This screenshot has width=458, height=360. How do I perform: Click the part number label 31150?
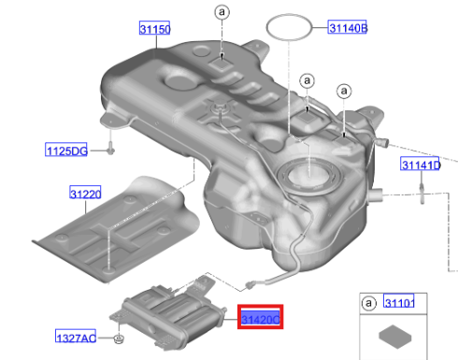coord(155,31)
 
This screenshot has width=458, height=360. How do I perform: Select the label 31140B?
coord(348,29)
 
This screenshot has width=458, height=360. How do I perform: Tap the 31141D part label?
coord(421,166)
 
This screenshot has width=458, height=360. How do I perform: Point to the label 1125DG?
coord(66,150)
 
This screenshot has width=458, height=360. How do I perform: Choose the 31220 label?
coord(85,194)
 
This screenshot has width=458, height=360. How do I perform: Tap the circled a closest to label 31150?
coord(222,12)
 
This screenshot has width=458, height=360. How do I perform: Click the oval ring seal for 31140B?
coord(292,26)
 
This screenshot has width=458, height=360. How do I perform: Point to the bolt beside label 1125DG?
coord(110,148)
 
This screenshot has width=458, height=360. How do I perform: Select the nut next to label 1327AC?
coord(120,338)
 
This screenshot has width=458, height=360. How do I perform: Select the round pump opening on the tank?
coord(306,174)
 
